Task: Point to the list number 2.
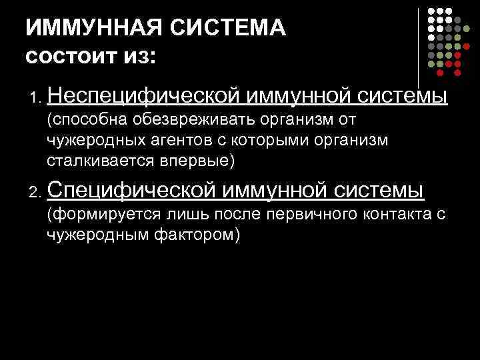tap(33, 194)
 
